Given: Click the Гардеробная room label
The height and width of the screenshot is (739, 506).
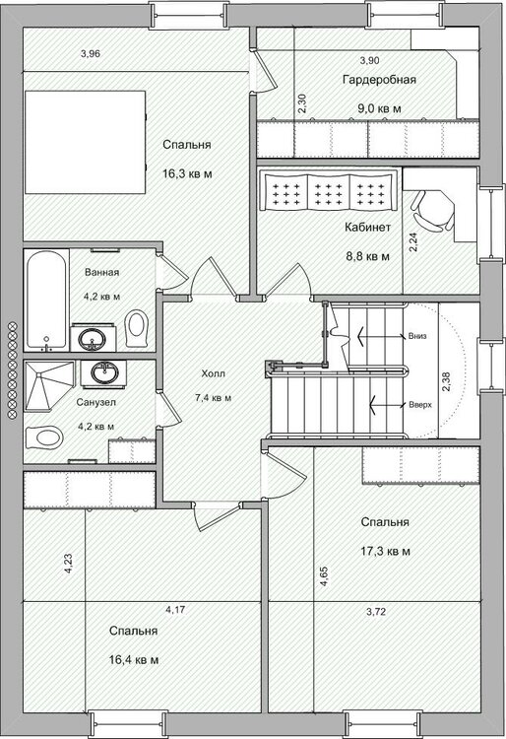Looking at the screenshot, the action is coord(379,80).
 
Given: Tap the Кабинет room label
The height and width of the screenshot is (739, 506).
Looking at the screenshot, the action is coord(367,228).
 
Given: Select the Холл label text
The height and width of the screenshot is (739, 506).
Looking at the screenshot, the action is coord(214,373).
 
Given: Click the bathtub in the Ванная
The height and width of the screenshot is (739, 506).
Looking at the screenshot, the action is coord(45,301).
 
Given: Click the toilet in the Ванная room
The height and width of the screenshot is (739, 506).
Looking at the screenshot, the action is coord(137,327).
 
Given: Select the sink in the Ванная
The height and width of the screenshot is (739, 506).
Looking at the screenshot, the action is coord(93,338).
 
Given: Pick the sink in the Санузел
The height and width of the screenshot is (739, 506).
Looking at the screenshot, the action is coord(103,373).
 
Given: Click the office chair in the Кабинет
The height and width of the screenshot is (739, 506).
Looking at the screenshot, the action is coord(431,210).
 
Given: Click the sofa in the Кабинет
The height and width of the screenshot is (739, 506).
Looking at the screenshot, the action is coord(329,191).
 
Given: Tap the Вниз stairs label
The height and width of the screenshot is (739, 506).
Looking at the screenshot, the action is coord(418,336).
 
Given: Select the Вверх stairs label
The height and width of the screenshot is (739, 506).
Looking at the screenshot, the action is coord(420,405).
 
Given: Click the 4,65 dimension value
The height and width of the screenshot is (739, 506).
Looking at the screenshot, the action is coord(324,576).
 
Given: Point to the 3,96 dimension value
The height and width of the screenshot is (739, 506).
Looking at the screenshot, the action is coord(90,54).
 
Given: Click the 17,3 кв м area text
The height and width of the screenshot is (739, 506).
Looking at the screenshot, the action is coord(385,551).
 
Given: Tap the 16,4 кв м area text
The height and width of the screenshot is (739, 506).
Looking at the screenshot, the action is coord(134,660).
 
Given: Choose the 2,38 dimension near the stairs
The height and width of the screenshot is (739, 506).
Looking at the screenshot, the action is coord(446,381).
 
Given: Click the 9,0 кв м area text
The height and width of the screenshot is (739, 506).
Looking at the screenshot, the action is coord(379,108).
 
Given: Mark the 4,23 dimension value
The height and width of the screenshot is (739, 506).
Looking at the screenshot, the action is coord(68,564).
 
